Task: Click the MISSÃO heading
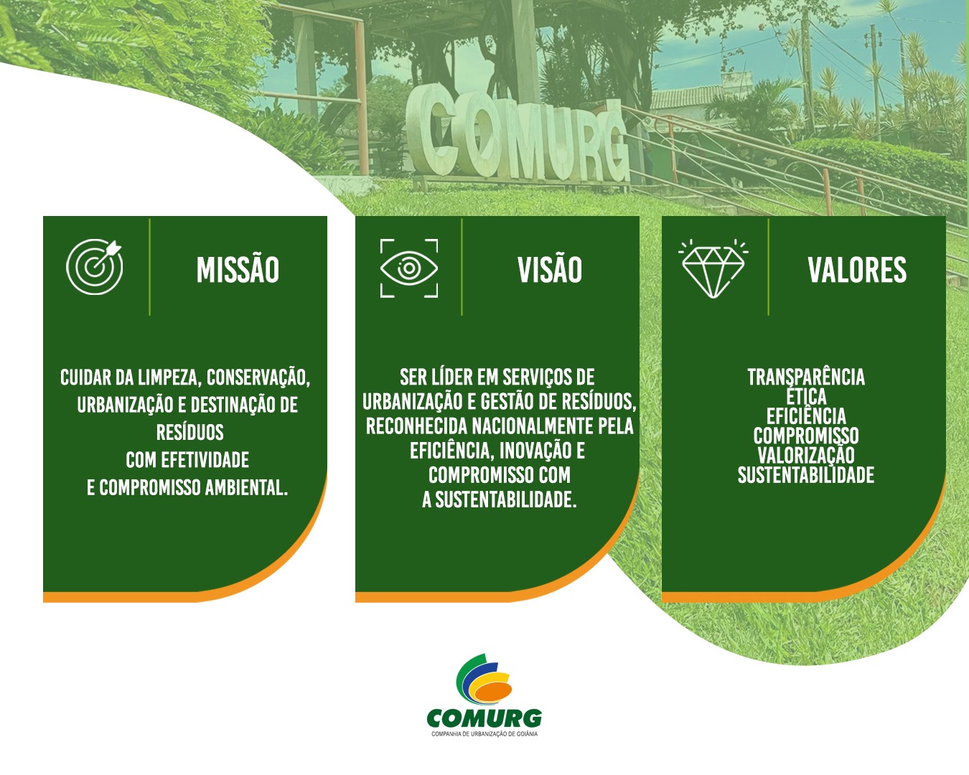(x=238, y=269)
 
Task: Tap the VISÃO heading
(x=549, y=269)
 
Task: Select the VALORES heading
(x=857, y=270)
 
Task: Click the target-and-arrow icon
(x=95, y=267)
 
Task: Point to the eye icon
(x=409, y=268)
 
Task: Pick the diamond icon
(x=713, y=269)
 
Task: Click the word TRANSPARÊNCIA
(x=806, y=377)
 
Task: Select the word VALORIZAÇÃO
(x=806, y=455)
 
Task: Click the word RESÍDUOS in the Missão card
(x=190, y=432)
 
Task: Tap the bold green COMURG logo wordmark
(x=484, y=718)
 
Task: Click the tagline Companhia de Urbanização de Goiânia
(x=484, y=734)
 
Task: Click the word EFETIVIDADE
(x=205, y=460)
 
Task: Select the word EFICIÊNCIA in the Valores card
(x=806, y=416)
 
